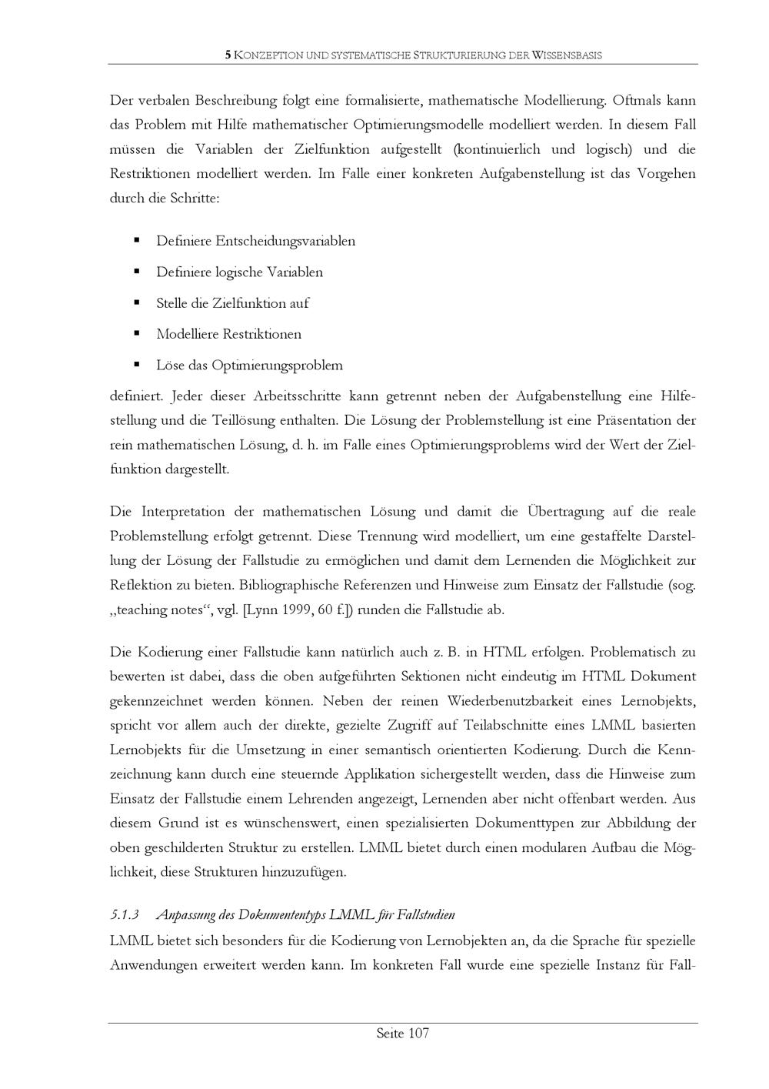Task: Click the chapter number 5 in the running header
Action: [x=227, y=55]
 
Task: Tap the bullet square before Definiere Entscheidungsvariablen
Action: [x=137, y=241]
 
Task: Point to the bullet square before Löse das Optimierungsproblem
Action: [x=137, y=365]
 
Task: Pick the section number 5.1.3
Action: [x=124, y=915]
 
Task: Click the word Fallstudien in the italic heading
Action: [x=428, y=915]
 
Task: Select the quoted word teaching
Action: [x=141, y=610]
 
